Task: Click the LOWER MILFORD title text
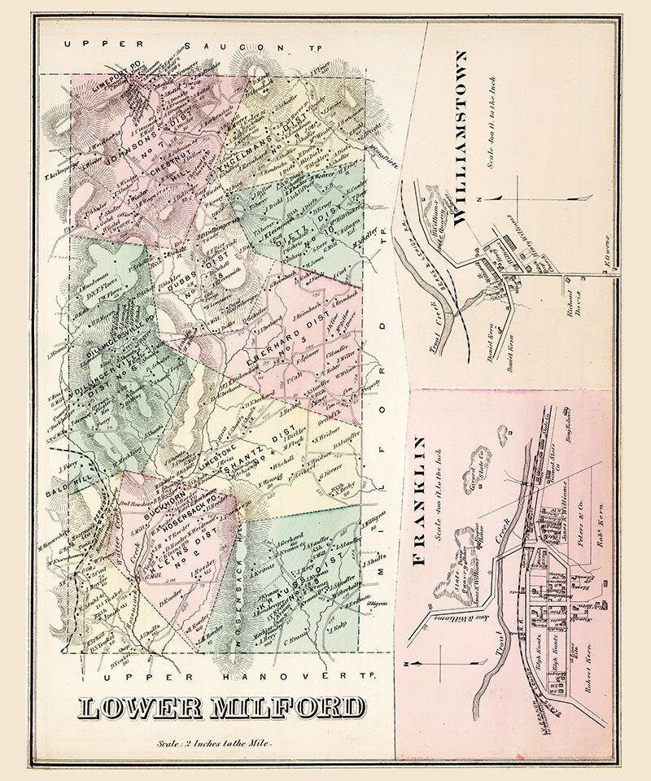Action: coord(221,708)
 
